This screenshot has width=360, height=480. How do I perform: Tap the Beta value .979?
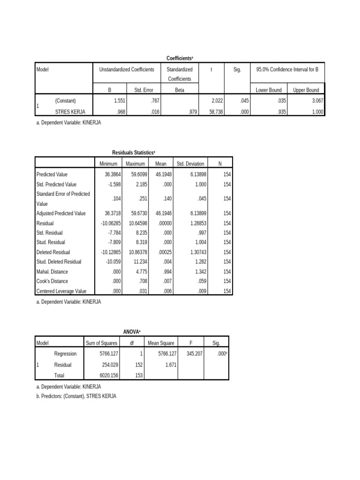[x=191, y=112]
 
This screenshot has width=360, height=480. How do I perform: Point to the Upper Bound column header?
[x=306, y=90]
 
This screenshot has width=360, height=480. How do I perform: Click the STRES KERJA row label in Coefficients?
[x=70, y=112]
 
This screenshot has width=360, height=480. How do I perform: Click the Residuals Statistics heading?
[x=134, y=152]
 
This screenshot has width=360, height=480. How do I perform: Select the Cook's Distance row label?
[x=52, y=281]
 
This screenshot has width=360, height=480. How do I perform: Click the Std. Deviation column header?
[x=190, y=164]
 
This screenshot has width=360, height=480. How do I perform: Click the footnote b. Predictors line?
[x=76, y=396]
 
